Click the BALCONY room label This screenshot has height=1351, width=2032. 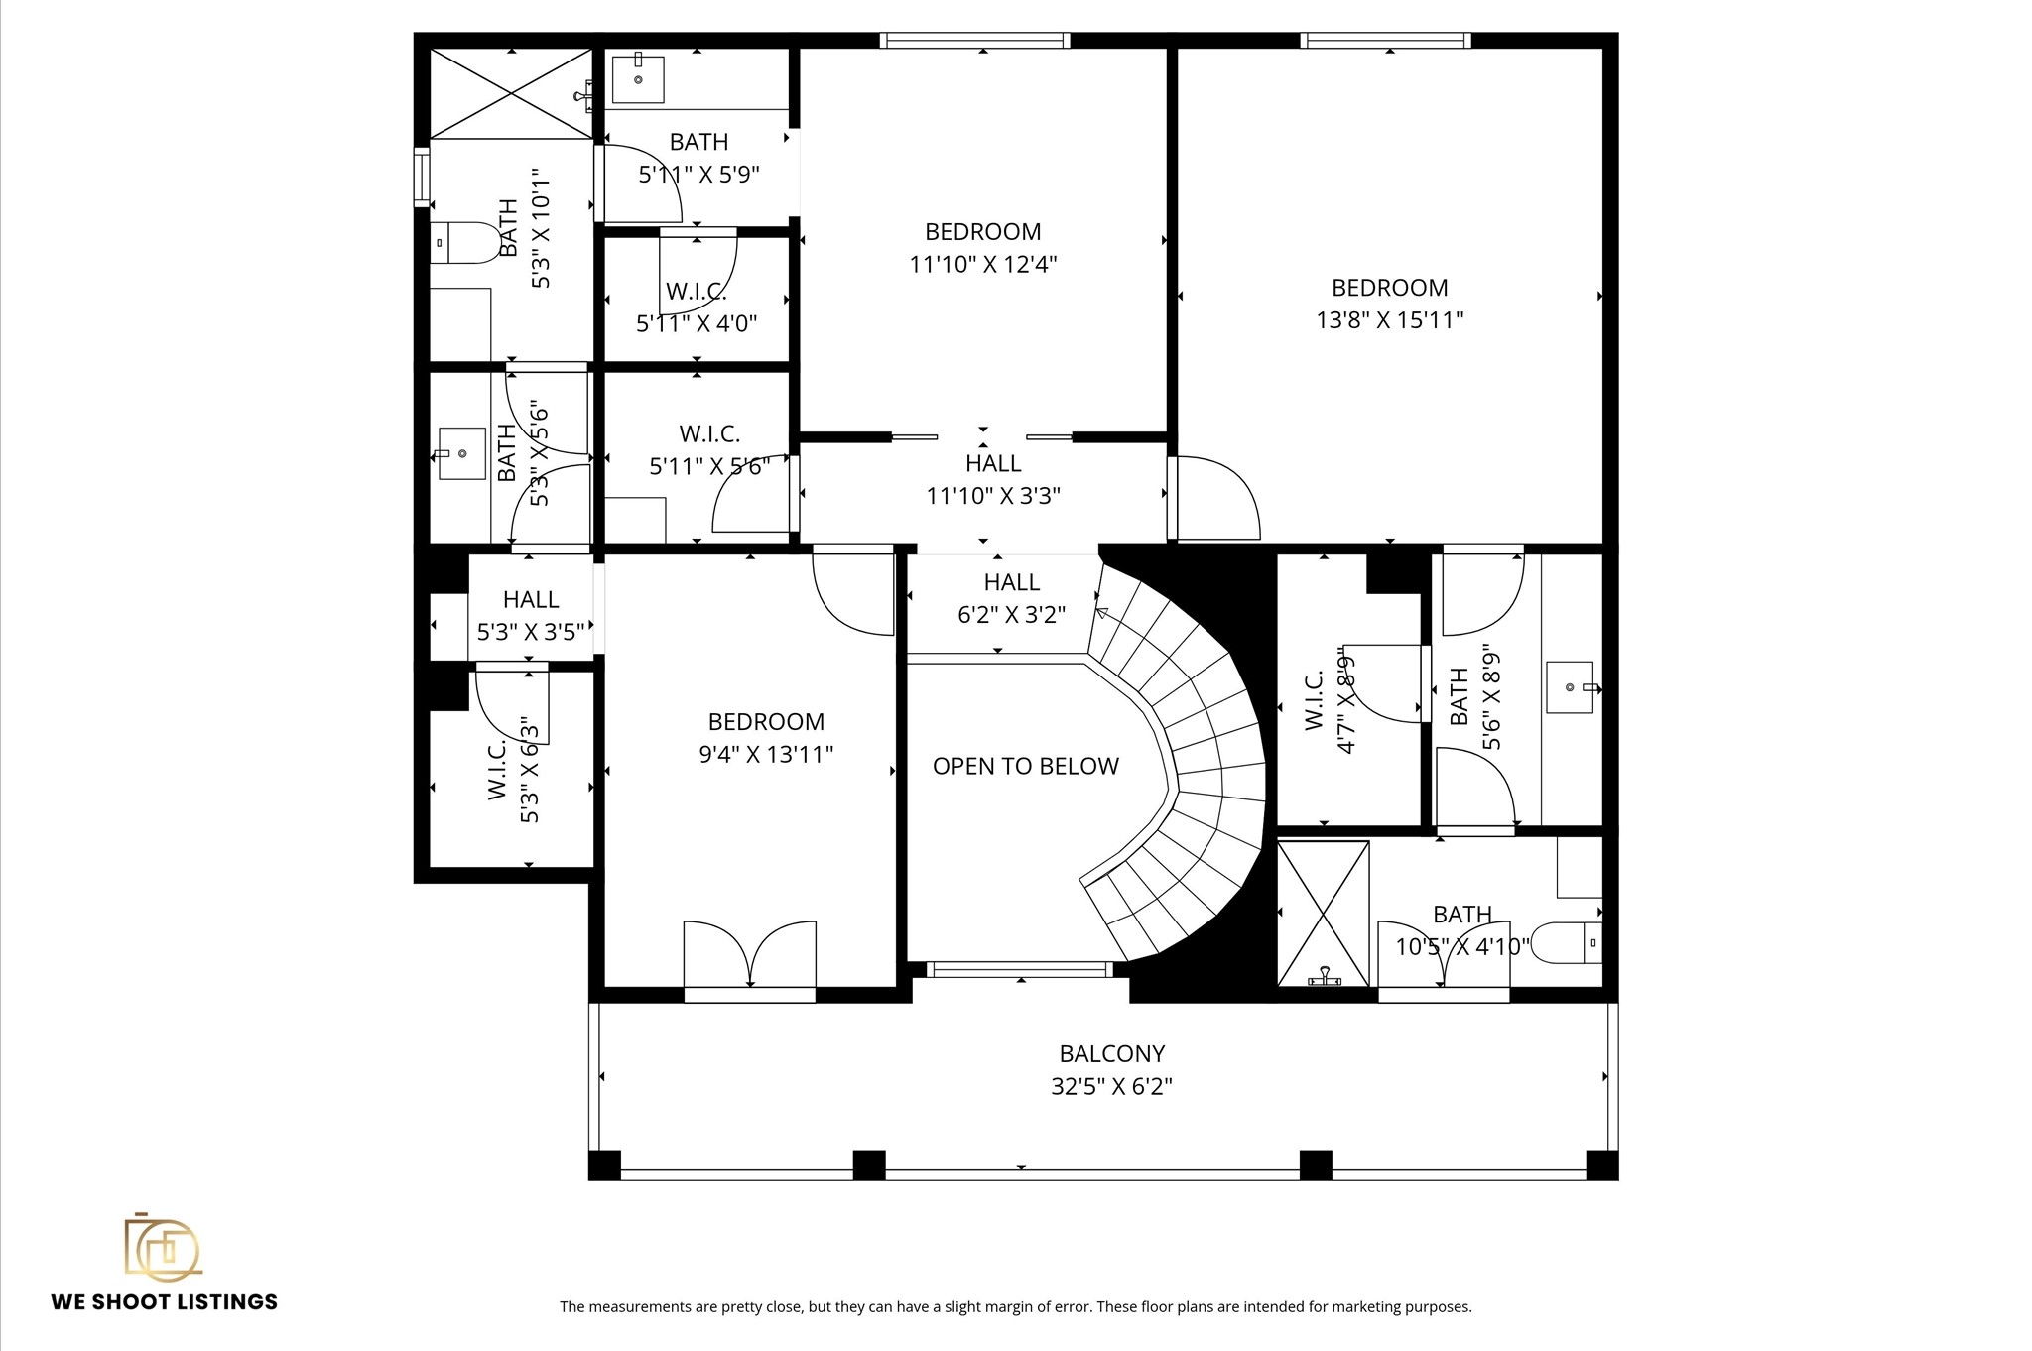coord(1111,1053)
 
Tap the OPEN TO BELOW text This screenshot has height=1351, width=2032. coord(1025,766)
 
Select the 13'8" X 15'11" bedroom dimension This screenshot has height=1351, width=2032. coord(1389,320)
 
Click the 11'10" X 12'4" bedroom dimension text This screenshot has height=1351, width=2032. coord(982,265)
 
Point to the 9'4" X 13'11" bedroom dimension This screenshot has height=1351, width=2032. coord(765,755)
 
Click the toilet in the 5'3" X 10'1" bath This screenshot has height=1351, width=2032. coord(468,242)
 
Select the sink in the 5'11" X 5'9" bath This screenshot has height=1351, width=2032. coord(637,79)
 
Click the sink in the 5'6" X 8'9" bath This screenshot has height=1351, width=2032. coord(1570,686)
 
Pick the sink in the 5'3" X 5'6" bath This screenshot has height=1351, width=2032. coord(461,453)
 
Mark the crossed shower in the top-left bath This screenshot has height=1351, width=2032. coord(510,93)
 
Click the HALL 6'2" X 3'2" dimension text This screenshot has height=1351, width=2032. coord(1011,615)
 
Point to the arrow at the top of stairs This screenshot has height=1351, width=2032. coord(1101,613)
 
